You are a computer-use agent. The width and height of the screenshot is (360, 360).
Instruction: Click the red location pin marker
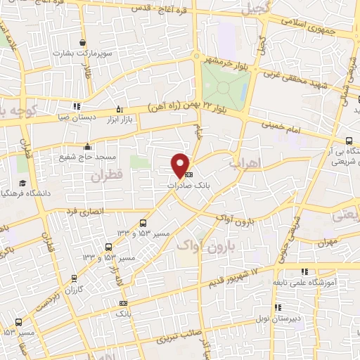coord(181,165)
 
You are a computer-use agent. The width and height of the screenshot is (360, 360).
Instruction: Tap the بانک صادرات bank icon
coord(188,174)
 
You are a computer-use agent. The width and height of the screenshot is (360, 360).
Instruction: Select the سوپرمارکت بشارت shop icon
coord(83,43)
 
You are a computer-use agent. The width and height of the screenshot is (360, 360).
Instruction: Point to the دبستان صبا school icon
coord(75,107)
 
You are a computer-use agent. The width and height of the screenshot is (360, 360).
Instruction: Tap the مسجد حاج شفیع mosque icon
coord(87,146)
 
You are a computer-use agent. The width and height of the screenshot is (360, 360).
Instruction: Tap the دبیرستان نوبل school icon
coord(278,307)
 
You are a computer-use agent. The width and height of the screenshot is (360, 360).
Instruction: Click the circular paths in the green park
coord(224,87)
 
